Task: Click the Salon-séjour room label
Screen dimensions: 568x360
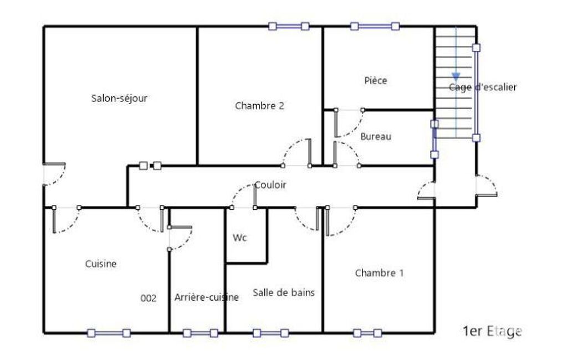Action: (119, 98)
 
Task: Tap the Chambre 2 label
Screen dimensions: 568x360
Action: (259, 106)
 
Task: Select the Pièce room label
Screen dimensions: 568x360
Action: (376, 80)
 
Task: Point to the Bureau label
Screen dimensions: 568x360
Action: (376, 137)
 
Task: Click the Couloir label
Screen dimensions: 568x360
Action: (270, 185)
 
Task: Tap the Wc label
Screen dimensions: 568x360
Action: (240, 238)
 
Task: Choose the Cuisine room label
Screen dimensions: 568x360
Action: (101, 264)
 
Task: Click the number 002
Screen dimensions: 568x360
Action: (148, 298)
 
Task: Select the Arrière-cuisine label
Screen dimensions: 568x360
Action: (207, 297)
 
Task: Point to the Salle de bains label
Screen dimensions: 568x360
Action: (284, 292)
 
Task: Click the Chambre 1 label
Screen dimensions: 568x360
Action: (379, 272)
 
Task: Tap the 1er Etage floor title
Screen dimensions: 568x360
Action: (492, 331)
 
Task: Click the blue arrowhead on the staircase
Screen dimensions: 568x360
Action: (456, 77)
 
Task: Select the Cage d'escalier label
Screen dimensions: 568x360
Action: (483, 87)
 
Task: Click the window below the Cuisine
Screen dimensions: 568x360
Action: (109, 333)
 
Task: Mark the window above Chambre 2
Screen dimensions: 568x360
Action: (289, 26)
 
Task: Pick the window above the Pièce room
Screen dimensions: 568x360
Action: (375, 26)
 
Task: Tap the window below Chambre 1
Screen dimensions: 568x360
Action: (367, 333)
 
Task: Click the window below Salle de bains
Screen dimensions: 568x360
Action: (270, 333)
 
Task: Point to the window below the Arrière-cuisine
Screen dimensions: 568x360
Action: (200, 333)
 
